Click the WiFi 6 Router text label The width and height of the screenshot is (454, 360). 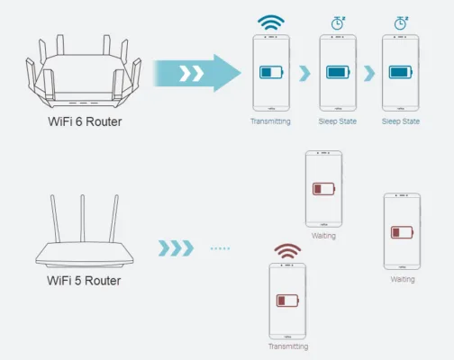click(x=85, y=121)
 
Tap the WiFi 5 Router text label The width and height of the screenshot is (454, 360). click(x=84, y=281)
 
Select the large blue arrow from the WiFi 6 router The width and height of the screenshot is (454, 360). click(x=197, y=73)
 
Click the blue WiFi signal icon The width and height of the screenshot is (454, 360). click(x=271, y=22)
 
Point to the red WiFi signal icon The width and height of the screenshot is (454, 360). click(x=287, y=251)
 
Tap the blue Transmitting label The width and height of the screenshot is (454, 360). click(x=270, y=121)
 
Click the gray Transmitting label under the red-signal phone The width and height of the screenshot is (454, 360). click(x=288, y=346)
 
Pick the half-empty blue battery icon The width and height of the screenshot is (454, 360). click(x=271, y=72)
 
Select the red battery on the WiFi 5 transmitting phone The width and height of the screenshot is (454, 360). click(x=287, y=301)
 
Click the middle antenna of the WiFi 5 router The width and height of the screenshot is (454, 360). click(x=83, y=218)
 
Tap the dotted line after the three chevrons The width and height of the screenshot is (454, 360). click(x=220, y=248)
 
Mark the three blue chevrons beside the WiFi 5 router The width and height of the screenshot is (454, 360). click(x=176, y=248)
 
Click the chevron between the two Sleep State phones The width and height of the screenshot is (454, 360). click(x=369, y=73)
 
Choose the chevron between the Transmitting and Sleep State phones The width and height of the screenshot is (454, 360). click(x=304, y=73)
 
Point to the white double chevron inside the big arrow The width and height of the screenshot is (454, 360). click(x=192, y=74)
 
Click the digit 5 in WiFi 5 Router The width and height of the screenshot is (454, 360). click(x=77, y=281)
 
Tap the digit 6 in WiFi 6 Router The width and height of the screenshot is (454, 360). click(x=78, y=121)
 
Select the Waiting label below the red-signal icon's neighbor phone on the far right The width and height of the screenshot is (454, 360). click(x=403, y=279)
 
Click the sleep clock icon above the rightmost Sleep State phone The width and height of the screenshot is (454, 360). click(x=401, y=23)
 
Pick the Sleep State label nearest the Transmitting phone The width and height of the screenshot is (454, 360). click(x=338, y=121)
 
